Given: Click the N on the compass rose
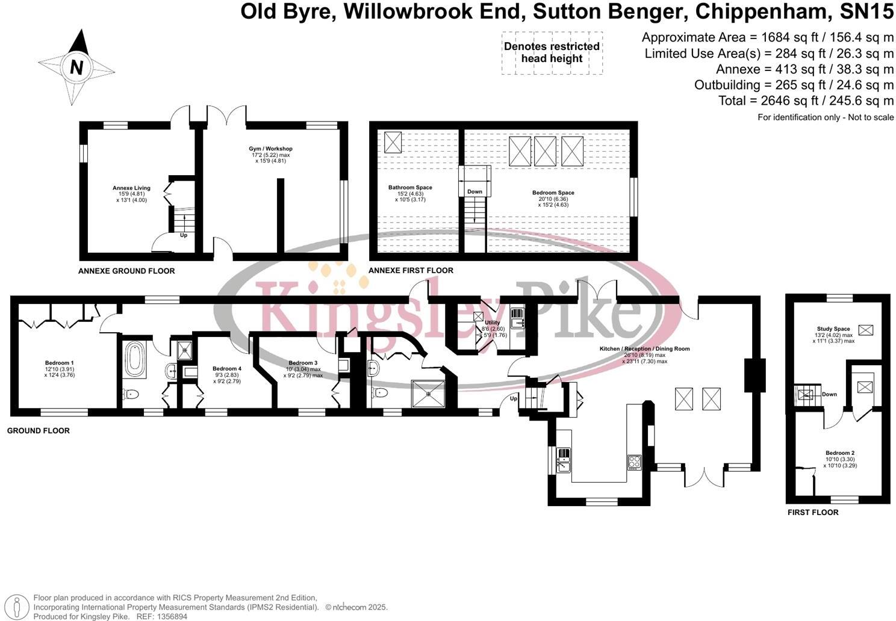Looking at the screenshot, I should point(76,67).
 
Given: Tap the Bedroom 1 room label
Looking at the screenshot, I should point(60,363).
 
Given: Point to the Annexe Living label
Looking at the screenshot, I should point(131,188).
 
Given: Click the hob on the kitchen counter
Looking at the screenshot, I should point(634,462).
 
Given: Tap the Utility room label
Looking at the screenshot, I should point(492,323).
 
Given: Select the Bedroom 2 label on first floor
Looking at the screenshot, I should point(840,453).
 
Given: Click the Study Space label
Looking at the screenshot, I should point(833,329).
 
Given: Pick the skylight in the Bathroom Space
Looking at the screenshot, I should point(393,142).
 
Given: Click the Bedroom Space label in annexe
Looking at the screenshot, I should point(553,193).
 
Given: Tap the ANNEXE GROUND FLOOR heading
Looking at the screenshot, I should point(126,271).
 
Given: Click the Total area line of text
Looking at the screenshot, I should point(806,100).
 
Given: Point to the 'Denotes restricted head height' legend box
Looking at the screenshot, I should point(552,53).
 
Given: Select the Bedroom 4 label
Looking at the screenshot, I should point(226,368).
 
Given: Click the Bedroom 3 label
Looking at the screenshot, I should point(303,363).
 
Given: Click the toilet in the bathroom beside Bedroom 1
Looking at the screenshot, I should point(131,394).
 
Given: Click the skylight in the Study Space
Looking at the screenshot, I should point(866,329).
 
